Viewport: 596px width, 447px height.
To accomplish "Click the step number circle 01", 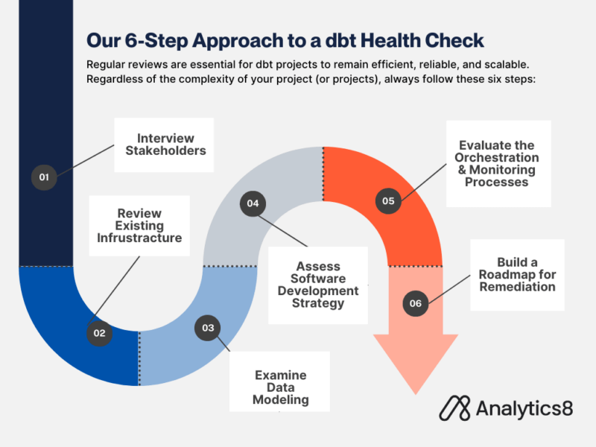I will coord(44,177).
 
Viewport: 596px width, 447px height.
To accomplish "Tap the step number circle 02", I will coord(99,333).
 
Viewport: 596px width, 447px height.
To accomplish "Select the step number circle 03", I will coord(208,328).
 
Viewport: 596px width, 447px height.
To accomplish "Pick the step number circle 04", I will coord(253,203).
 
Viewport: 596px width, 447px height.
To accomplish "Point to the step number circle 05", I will coord(388,200).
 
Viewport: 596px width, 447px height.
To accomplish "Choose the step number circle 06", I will coord(415,303).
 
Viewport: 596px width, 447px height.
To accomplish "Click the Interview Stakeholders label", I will coord(165,145).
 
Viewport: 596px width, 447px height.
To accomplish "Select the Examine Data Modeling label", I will coord(280,387).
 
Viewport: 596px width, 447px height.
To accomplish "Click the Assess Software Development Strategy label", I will coord(318,285).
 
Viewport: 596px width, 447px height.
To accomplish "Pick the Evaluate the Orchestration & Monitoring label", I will coord(498,164).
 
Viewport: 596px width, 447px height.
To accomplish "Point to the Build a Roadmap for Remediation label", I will coord(517,275).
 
